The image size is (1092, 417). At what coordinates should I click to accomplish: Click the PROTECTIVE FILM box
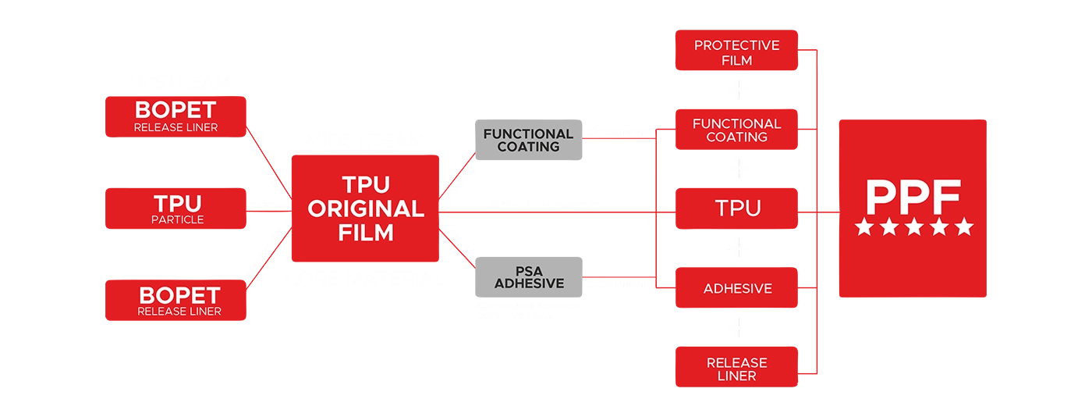point(736,52)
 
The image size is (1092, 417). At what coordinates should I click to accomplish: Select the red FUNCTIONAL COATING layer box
point(736,130)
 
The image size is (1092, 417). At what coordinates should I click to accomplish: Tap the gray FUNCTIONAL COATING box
point(528,141)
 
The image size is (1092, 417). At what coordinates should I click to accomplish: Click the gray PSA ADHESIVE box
point(529,277)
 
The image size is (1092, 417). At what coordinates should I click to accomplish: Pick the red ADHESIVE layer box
point(737,289)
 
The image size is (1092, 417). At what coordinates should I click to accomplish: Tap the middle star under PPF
point(914,227)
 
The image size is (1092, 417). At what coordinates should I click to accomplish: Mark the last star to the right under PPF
point(965,227)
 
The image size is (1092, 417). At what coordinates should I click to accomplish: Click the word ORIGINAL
point(367,208)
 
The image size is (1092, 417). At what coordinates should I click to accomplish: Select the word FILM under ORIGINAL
point(367,233)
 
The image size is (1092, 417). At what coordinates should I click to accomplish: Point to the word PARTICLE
point(178,219)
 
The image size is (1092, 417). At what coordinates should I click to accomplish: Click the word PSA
point(529,270)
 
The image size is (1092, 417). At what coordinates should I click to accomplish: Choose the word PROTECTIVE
point(736,45)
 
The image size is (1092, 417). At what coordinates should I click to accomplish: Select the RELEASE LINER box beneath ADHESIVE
point(736,369)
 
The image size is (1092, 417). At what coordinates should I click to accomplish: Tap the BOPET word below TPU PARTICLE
point(179,295)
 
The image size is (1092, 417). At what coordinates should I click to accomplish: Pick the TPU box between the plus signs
point(737,208)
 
